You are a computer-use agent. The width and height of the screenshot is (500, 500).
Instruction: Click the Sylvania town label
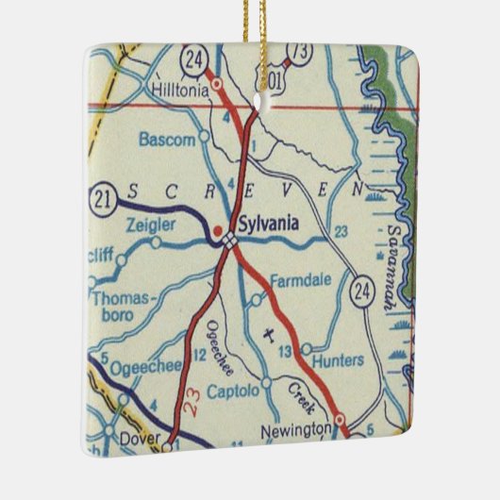point(269,224)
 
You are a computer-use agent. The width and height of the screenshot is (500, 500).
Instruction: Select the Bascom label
point(167,140)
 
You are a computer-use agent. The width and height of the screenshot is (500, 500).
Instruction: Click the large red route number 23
point(192,406)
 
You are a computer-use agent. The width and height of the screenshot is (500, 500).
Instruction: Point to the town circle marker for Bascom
point(204,139)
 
